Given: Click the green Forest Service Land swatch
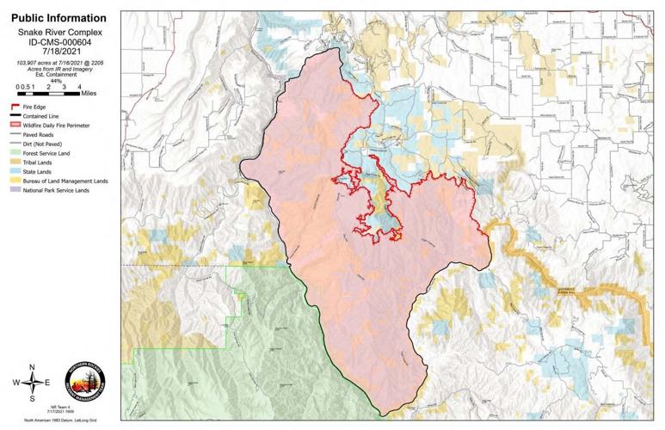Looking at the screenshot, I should [x=11, y=154].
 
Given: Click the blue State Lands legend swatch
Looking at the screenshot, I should [x=11, y=172].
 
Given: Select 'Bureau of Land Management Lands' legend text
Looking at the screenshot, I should [x=65, y=181].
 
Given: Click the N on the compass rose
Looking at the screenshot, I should [x=32, y=367].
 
